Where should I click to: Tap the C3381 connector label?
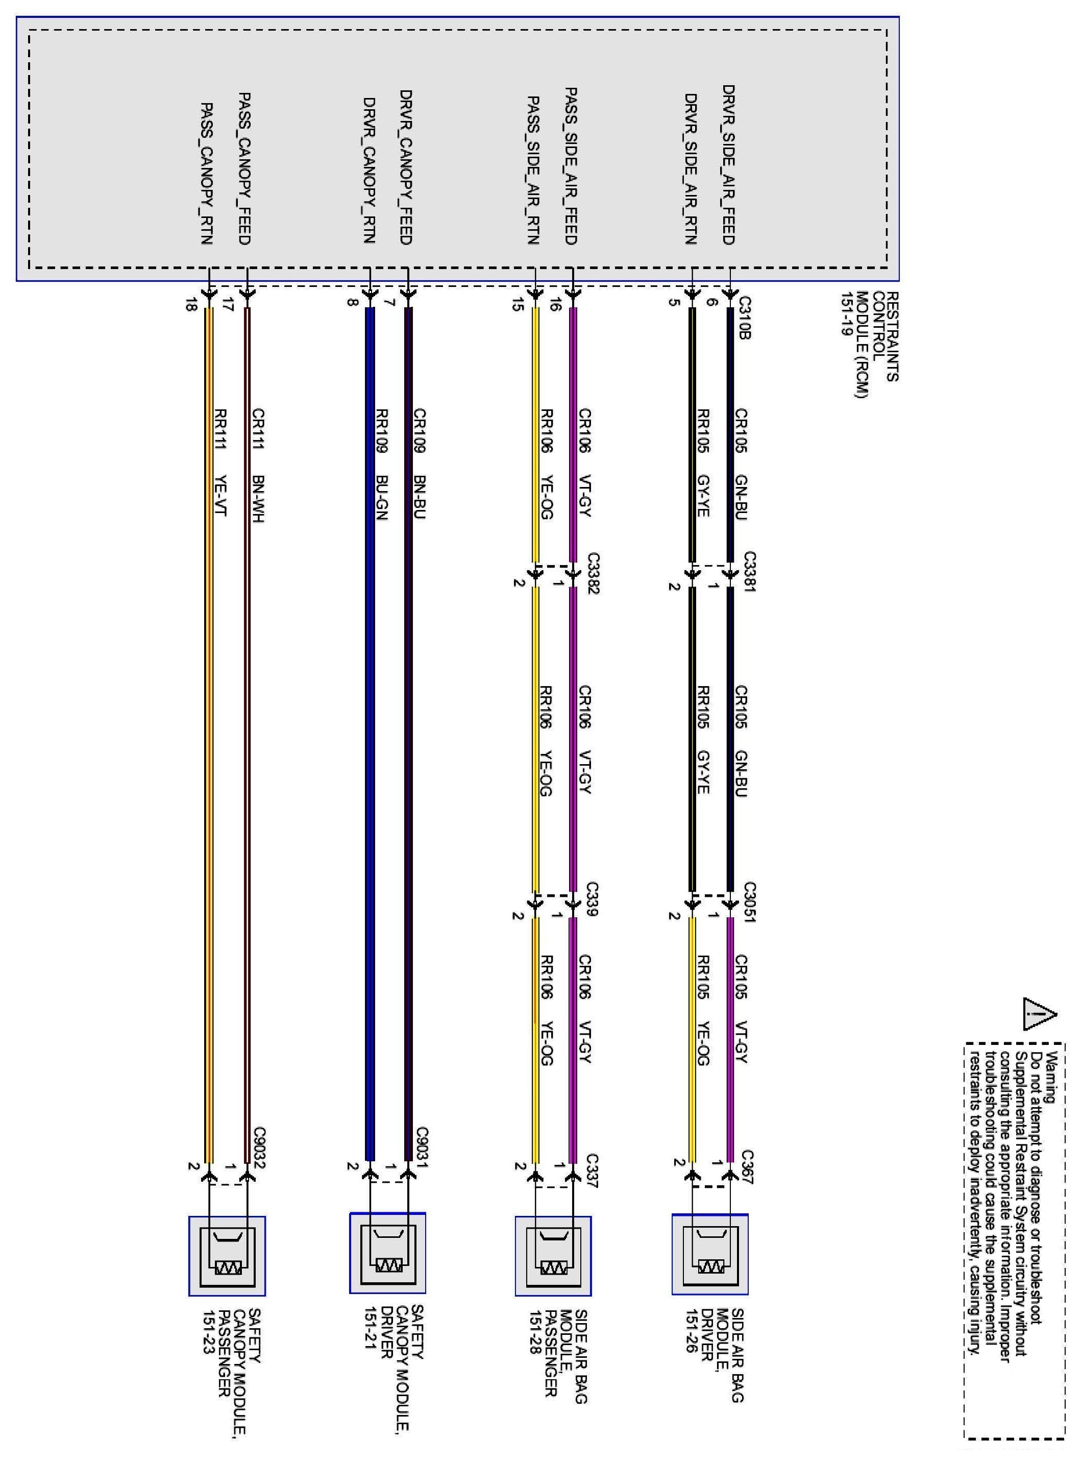point(750,572)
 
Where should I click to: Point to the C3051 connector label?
point(750,902)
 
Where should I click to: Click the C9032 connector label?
point(260,1148)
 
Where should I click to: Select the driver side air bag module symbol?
point(710,1254)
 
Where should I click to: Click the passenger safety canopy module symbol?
point(227,1256)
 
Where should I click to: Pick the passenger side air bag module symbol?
point(553,1256)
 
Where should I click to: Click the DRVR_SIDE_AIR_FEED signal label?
point(729,164)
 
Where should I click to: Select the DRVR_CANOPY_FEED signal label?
point(405,167)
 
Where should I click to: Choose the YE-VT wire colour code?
point(220,496)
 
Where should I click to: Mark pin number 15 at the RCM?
point(518,305)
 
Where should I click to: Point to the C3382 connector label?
point(593,573)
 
